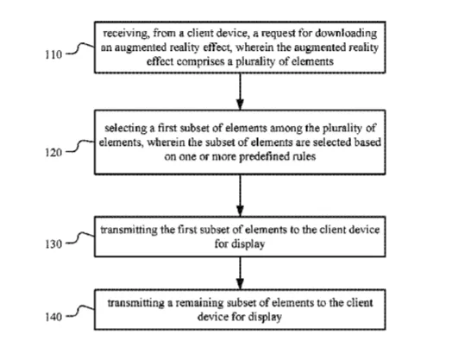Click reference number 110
[53, 54]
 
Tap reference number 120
[53, 153]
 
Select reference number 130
[53, 244]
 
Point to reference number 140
[53, 317]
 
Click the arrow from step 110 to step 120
[240, 92]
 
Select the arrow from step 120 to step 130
[240, 195]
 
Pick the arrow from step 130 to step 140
[240, 273]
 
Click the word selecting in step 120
[126, 129]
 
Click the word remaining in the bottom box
[200, 303]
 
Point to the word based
[367, 142]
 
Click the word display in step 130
[248, 244]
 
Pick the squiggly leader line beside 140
[80, 312]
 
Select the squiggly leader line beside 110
[80, 48]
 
